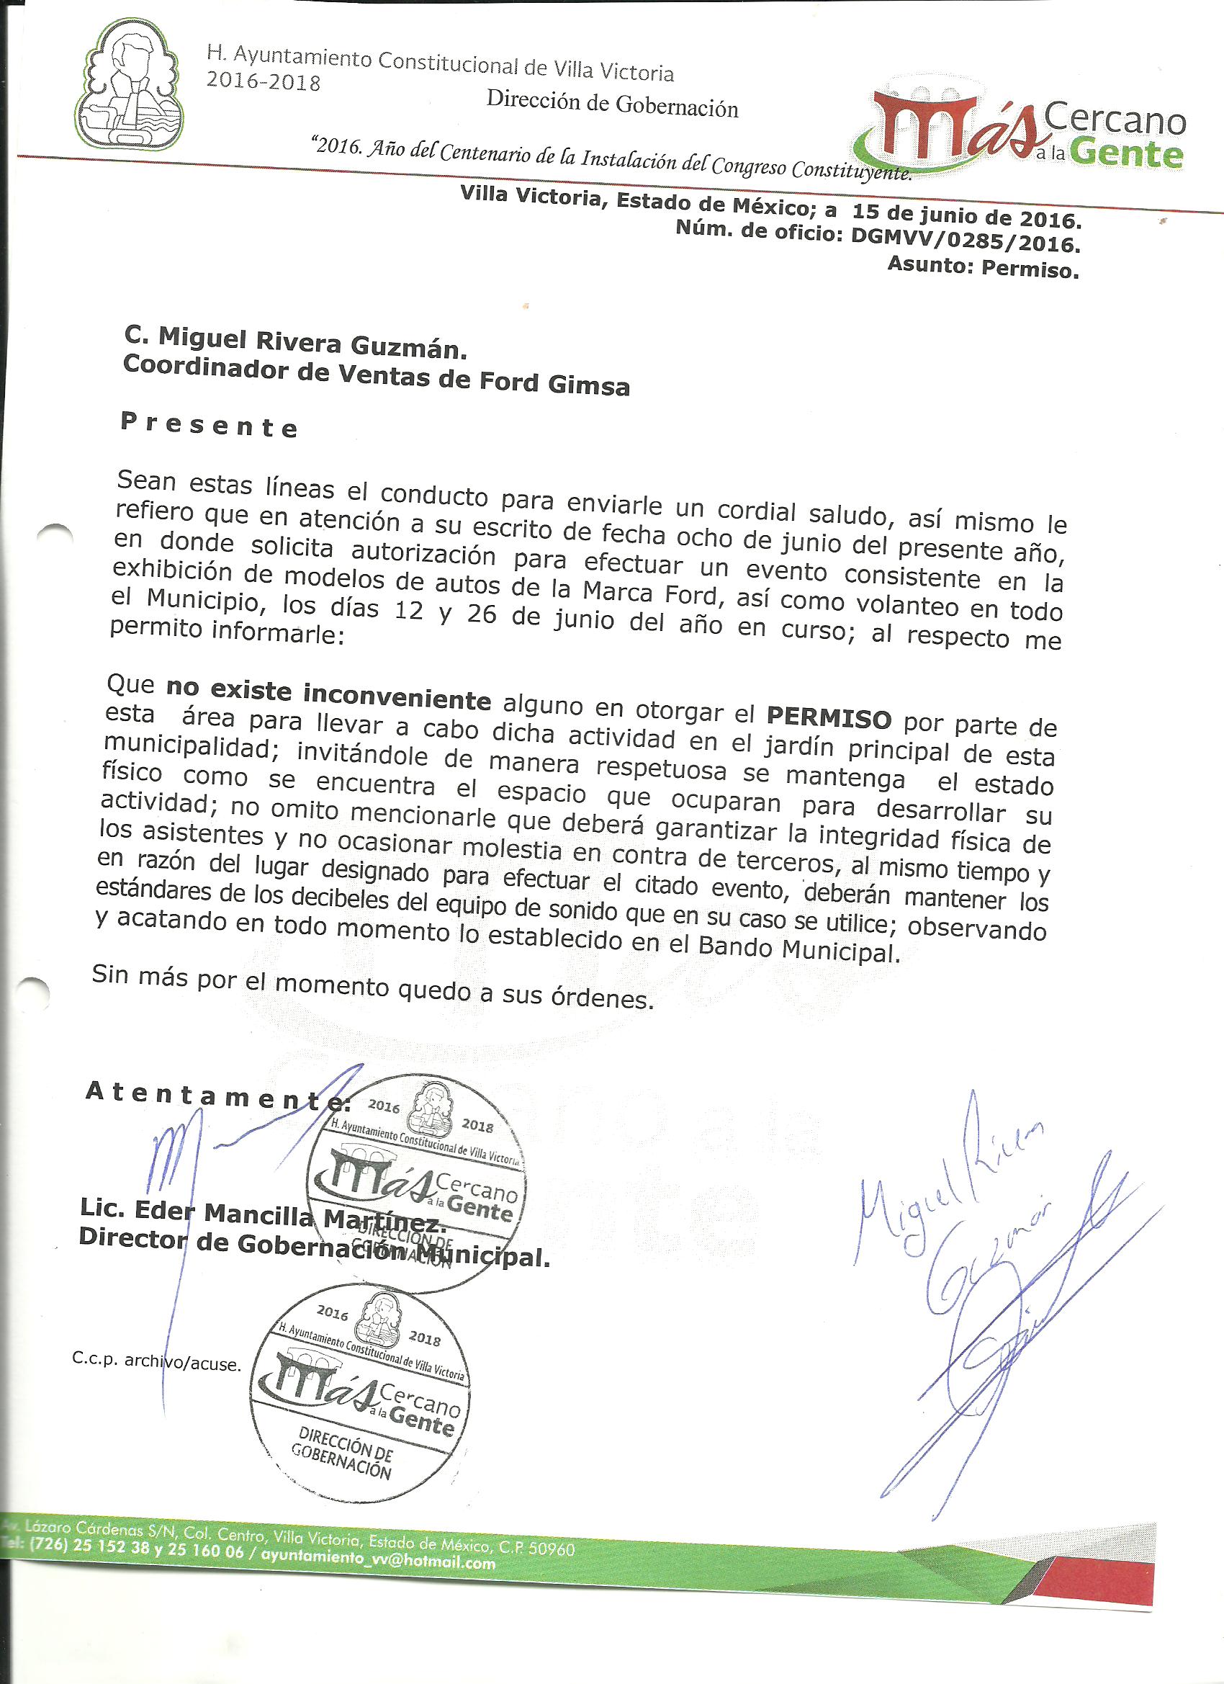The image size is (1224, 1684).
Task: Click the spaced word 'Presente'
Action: click(x=210, y=426)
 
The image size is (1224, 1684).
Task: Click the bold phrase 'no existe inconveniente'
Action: click(x=328, y=694)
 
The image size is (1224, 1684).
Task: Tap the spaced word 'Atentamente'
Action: click(x=215, y=1096)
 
